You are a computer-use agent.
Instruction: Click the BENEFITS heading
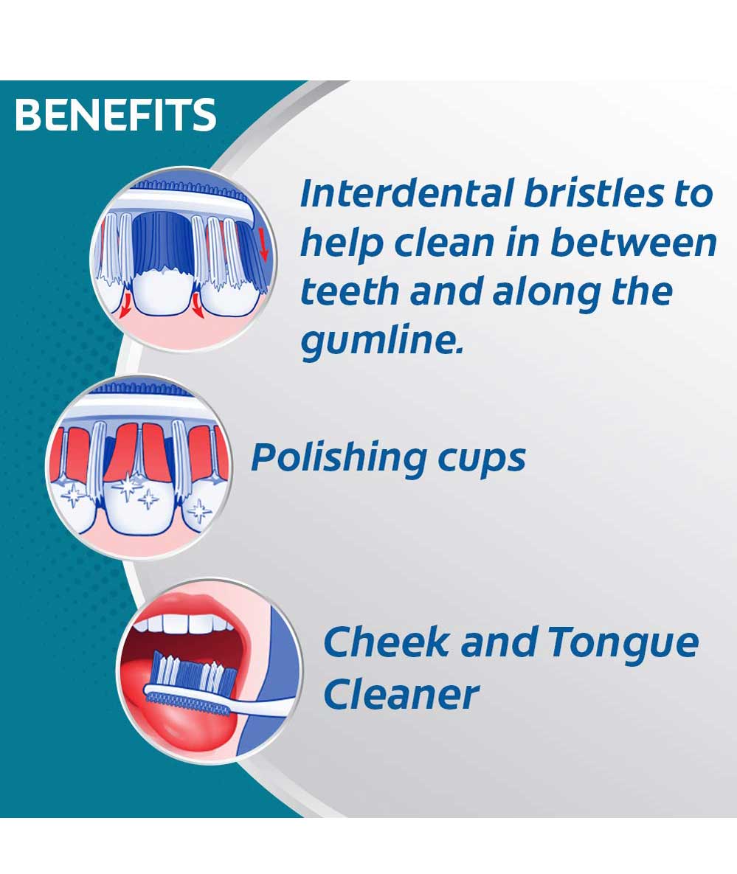(115, 115)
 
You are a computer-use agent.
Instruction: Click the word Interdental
(406, 193)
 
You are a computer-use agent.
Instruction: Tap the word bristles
(595, 193)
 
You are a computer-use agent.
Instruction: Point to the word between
(634, 243)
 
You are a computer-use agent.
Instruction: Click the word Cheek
(386, 642)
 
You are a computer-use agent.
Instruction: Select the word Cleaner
(401, 695)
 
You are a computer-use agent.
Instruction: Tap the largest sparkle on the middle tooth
(128, 485)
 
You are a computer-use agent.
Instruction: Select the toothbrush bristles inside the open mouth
(193, 672)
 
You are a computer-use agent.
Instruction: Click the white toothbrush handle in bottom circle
(262, 705)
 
